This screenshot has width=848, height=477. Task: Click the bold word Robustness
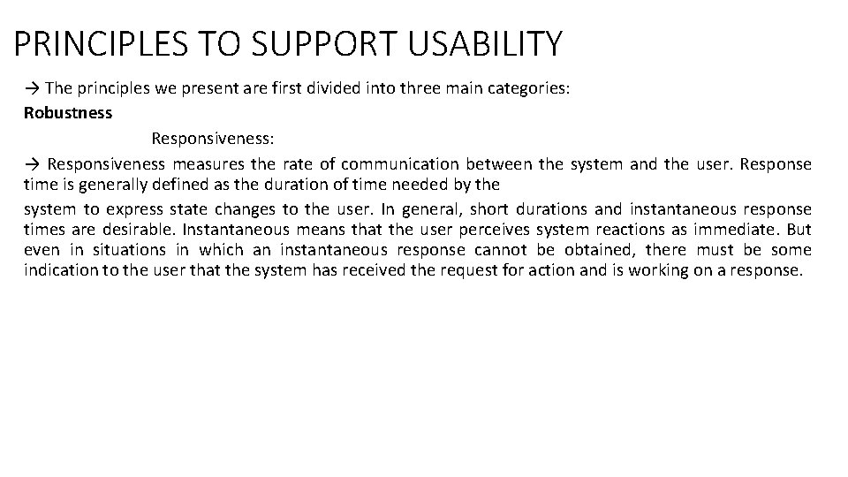(68, 113)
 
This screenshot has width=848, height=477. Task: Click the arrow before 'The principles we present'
(32, 87)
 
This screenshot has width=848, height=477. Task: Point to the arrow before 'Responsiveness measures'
(32, 164)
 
